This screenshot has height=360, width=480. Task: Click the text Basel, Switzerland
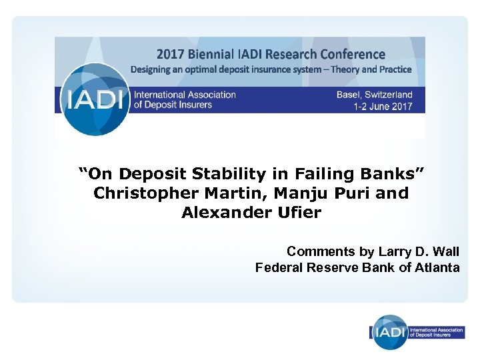click(374, 95)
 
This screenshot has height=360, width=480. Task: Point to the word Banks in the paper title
click(391, 175)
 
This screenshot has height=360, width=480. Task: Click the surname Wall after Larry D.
click(444, 251)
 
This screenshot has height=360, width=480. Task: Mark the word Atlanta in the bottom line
click(437, 267)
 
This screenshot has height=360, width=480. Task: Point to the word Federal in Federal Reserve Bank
click(276, 267)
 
